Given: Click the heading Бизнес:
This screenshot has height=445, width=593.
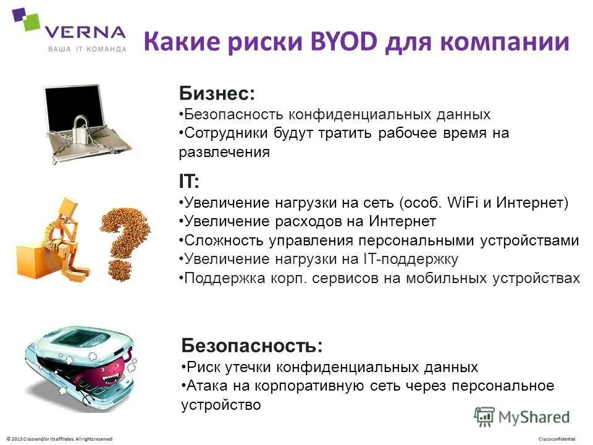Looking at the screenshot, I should click(x=217, y=93).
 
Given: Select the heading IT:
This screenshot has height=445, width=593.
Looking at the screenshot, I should click(x=189, y=182).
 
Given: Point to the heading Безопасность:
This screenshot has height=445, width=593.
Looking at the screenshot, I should click(x=252, y=345).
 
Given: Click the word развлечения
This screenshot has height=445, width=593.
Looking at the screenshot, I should click(x=224, y=153).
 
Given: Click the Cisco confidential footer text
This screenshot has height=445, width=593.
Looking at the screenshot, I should click(x=557, y=438).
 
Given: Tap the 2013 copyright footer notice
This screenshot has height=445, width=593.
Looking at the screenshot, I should click(x=59, y=438).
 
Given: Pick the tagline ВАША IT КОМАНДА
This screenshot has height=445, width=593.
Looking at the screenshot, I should click(x=87, y=49).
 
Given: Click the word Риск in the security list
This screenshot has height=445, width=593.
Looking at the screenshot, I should click(x=200, y=367).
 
